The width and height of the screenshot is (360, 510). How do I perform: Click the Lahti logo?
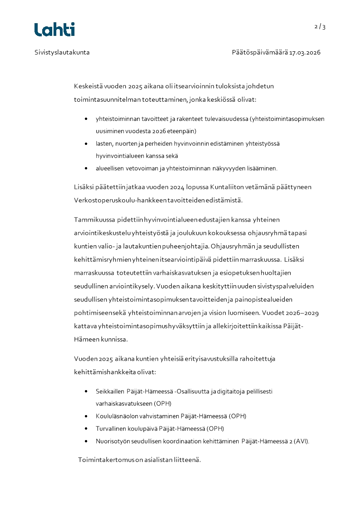point(54,29)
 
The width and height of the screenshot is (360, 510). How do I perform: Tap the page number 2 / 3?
point(320,26)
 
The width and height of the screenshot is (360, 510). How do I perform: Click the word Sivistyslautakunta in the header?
point(62,52)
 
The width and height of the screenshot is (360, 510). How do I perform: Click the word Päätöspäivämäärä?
point(260,52)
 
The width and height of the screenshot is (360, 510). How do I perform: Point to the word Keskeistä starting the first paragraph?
point(88,86)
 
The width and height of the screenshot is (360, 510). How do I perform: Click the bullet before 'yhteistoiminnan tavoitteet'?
point(86,119)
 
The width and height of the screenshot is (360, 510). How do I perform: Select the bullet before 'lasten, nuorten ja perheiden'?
point(86,144)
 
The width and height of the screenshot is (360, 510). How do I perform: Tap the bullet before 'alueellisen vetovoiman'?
point(86,168)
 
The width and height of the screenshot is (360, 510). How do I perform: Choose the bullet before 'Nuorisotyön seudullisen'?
point(86,441)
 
